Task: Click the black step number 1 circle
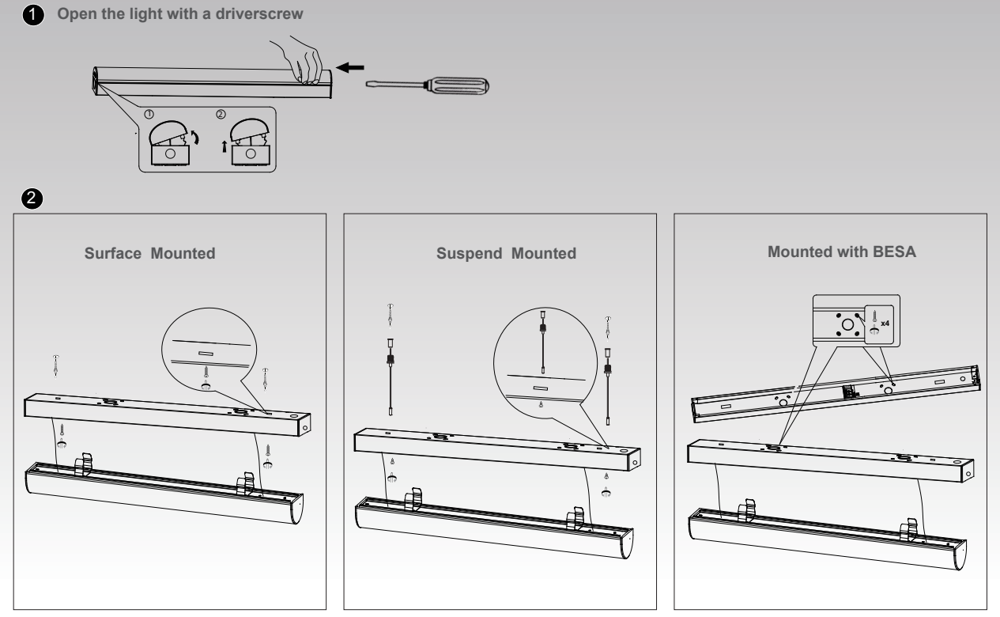click(x=33, y=15)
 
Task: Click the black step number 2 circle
click(x=32, y=198)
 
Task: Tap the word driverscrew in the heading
click(x=259, y=14)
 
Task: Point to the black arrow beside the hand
click(x=350, y=67)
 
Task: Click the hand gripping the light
click(x=298, y=60)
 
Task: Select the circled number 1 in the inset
click(x=149, y=115)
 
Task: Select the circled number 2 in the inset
click(x=221, y=115)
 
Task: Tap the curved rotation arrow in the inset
click(x=195, y=137)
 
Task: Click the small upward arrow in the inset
click(x=225, y=146)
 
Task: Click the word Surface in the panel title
click(x=113, y=253)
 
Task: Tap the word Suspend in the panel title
click(x=470, y=253)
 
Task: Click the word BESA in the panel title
click(x=894, y=252)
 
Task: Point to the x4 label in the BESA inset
click(x=885, y=323)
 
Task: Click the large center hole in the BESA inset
click(x=847, y=325)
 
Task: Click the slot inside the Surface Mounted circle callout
click(x=206, y=354)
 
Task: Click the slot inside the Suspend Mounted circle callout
click(x=540, y=388)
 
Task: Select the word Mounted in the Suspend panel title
click(x=544, y=253)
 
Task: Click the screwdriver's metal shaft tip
click(x=367, y=84)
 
